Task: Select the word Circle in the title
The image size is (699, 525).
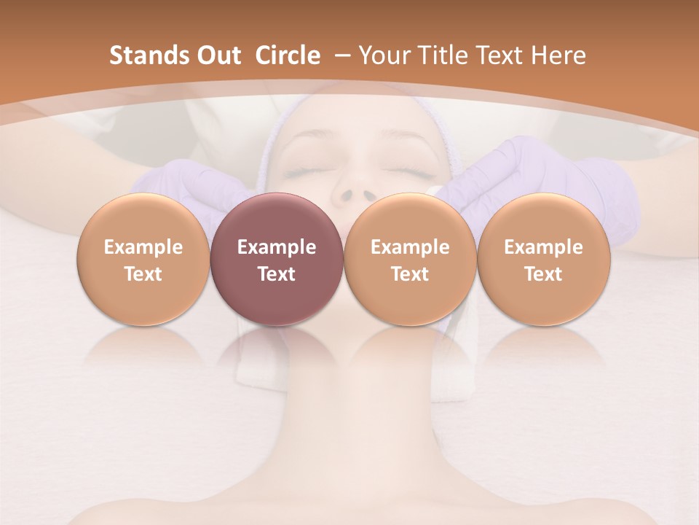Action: tap(288, 55)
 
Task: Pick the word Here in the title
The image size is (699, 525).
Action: tap(558, 55)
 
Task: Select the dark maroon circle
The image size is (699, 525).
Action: tap(277, 259)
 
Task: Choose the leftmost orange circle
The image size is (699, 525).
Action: tap(143, 259)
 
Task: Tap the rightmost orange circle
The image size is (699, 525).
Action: tap(543, 259)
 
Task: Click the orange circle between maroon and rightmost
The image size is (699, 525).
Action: tap(410, 259)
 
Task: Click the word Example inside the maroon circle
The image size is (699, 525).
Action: tap(277, 247)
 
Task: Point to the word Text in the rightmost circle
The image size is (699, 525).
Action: tap(543, 274)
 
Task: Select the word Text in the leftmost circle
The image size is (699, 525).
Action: tap(143, 274)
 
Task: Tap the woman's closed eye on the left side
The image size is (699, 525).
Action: tap(304, 172)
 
